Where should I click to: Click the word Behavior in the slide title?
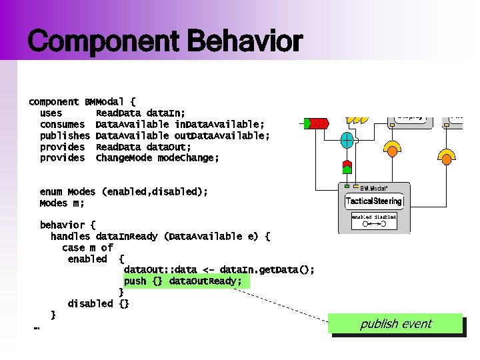point(245,42)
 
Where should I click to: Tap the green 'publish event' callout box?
point(397,324)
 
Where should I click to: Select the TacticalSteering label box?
point(374,201)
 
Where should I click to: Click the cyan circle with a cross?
point(347,141)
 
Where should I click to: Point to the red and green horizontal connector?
point(315,123)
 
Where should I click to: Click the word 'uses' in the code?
point(51,113)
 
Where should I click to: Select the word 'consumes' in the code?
point(62,125)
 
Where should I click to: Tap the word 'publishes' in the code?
point(65,136)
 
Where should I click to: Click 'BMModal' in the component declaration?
point(104,102)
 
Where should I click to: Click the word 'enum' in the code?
point(51,192)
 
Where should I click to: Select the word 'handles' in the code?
point(71,237)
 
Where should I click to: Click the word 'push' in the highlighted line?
point(135,281)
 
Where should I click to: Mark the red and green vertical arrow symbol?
point(347,167)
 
